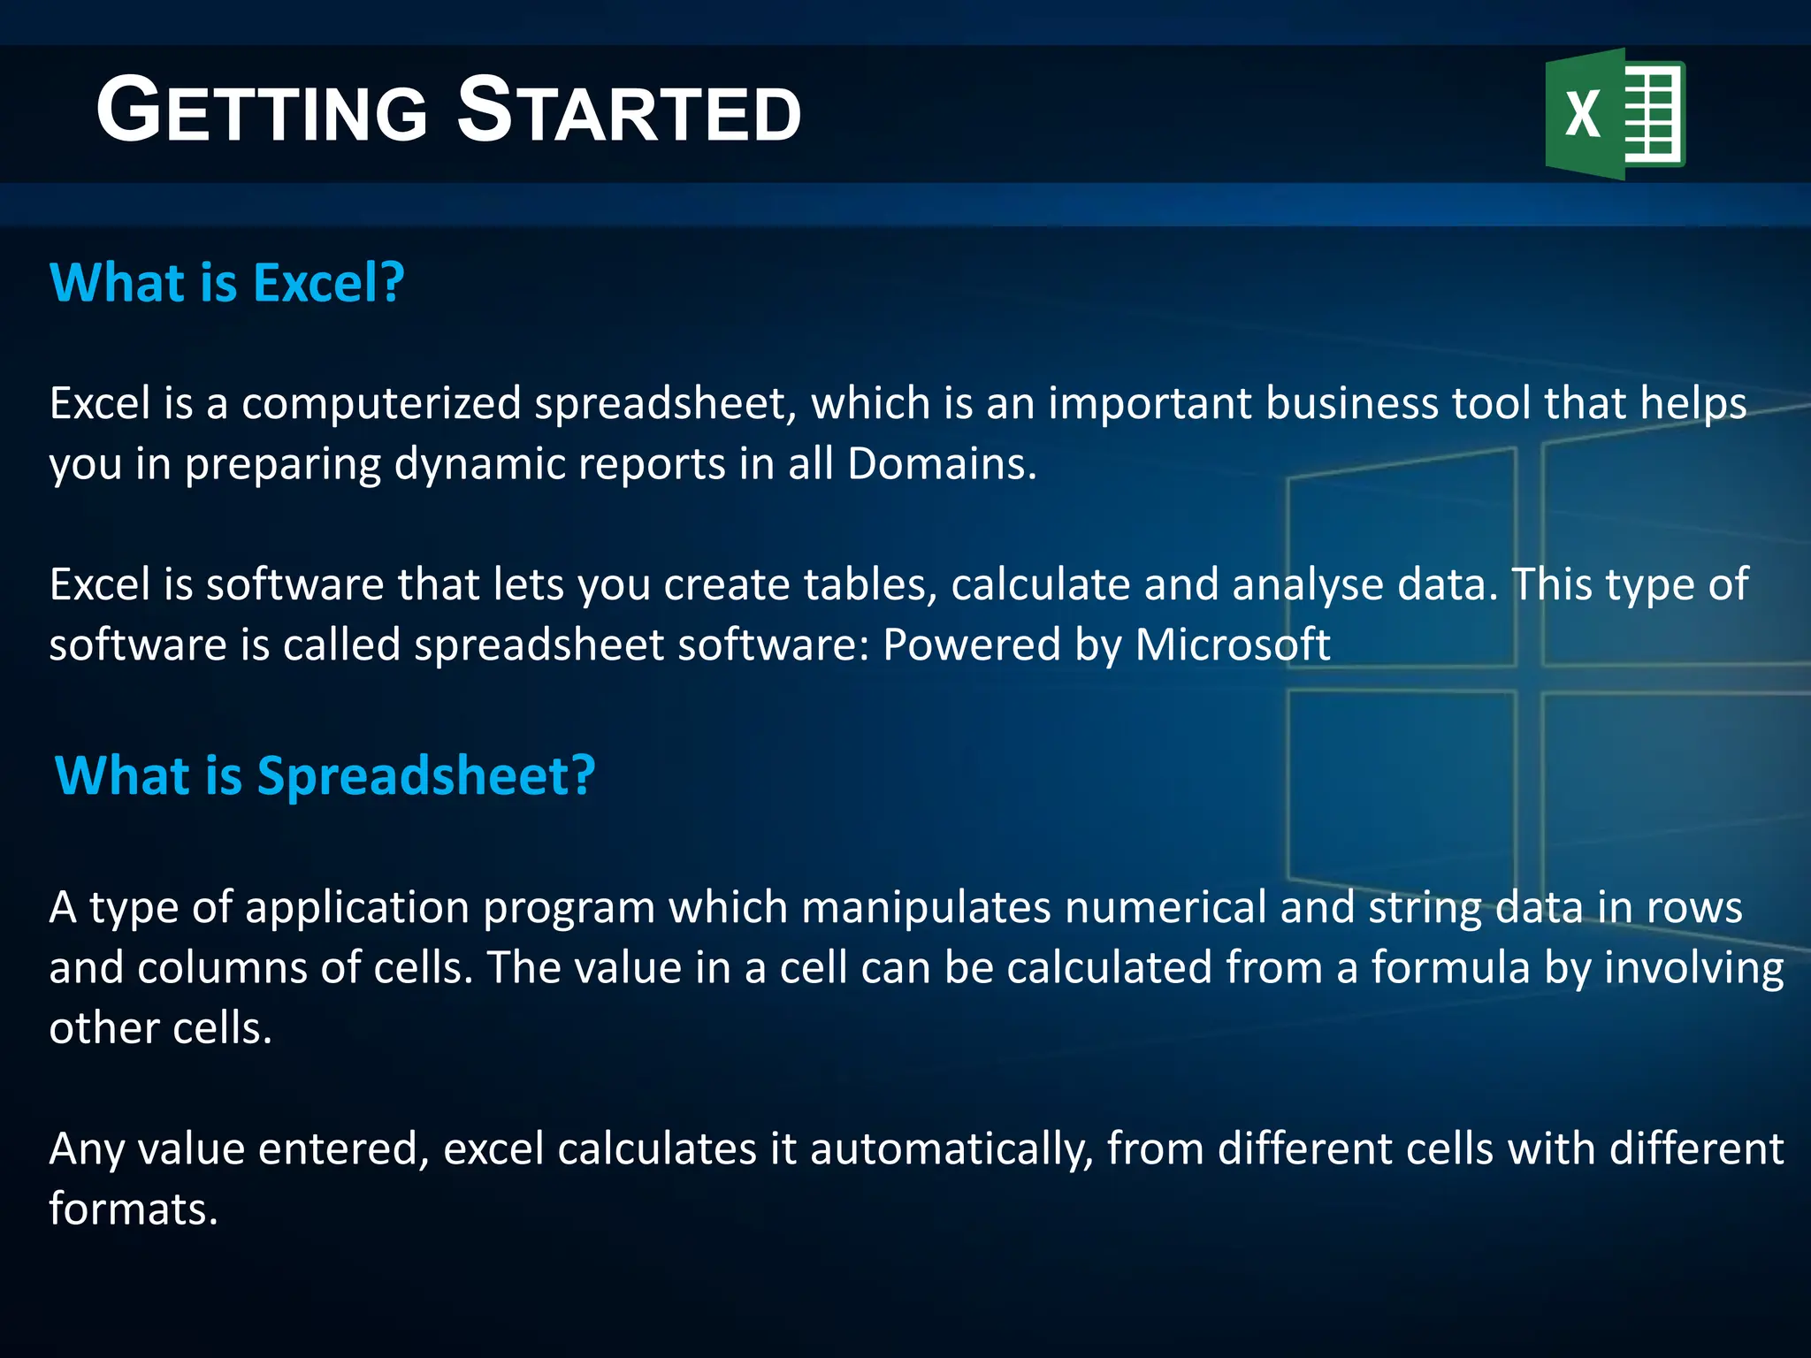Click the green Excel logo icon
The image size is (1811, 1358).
[1615, 114]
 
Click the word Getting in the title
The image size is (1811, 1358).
[262, 111]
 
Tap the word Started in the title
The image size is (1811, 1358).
[629, 111]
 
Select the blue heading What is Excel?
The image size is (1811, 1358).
[227, 283]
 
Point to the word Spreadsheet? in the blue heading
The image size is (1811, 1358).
[426, 775]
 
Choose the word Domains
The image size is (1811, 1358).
[941, 464]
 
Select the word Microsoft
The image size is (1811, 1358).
[1232, 645]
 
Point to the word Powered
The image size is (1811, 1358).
[971, 645]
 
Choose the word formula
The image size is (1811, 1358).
[1450, 968]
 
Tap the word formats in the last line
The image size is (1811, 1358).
[133, 1209]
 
